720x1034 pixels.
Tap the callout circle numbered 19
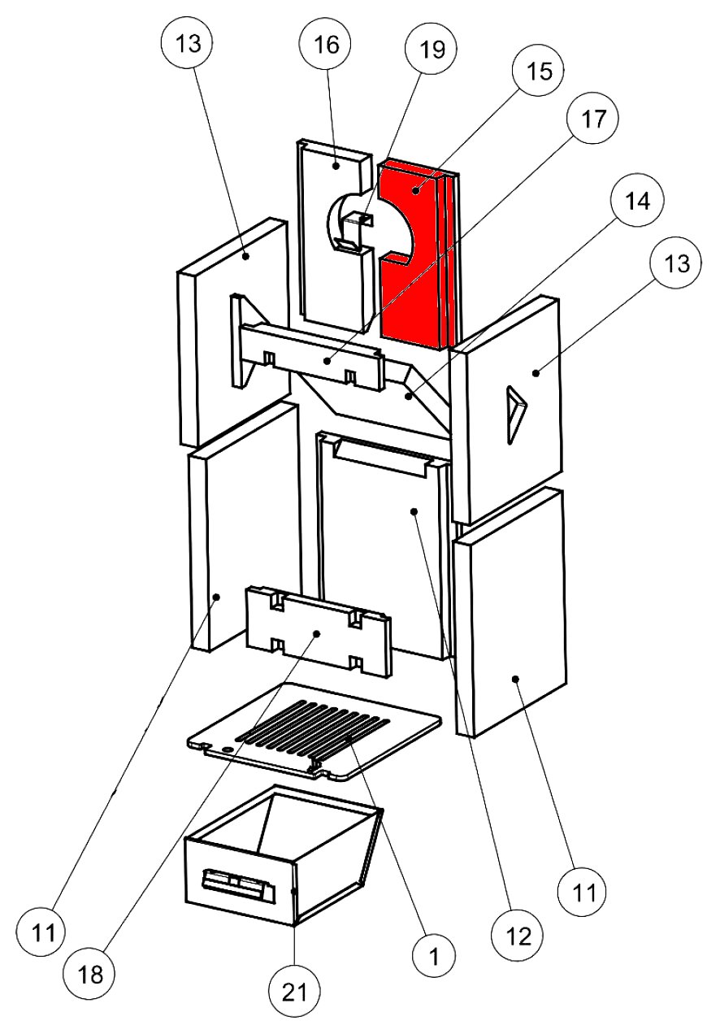[x=432, y=50]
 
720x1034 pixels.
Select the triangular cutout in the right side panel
[x=514, y=415]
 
